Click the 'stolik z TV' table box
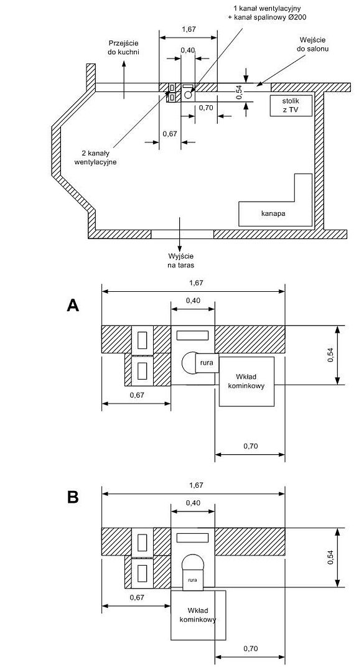[290, 105]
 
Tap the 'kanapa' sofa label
[274, 213]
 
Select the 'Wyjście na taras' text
[181, 261]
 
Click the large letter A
[73, 305]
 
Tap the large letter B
[73, 497]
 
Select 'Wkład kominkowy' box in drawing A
[247, 381]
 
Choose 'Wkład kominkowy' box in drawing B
[198, 615]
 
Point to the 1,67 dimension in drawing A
[192, 283]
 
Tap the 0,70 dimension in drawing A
[250, 446]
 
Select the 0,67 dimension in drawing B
[137, 597]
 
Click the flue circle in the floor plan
[188, 94]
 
